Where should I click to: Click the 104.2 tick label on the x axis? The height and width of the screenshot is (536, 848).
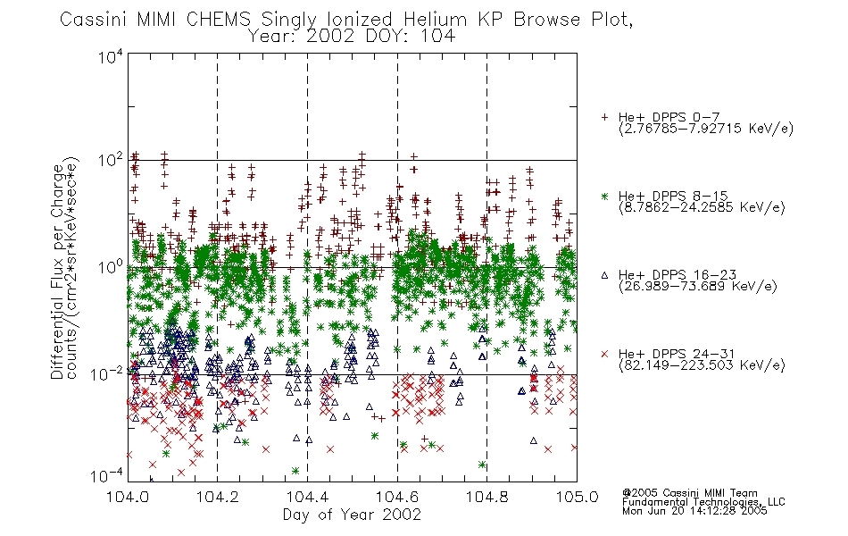click(218, 497)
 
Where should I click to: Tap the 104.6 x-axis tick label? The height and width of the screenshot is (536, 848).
click(397, 497)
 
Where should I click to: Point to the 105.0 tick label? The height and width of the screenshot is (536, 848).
click(577, 497)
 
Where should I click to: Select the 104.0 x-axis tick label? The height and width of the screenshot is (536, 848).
click(128, 497)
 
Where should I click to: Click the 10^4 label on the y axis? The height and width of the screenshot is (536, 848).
click(111, 56)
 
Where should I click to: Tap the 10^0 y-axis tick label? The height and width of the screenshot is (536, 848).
click(111, 266)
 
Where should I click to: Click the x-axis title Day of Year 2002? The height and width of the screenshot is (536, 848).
click(352, 515)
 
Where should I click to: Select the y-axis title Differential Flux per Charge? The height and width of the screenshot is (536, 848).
click(57, 272)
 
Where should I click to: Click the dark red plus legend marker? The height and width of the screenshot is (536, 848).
click(604, 117)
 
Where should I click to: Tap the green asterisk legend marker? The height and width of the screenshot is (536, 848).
click(604, 196)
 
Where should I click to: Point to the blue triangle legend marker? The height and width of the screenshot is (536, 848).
click(604, 275)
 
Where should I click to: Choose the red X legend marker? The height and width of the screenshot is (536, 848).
click(604, 354)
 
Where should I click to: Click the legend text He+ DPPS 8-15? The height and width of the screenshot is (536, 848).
click(673, 196)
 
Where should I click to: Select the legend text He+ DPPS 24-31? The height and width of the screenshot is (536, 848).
click(677, 354)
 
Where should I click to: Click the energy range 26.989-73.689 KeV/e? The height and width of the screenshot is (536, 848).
click(698, 286)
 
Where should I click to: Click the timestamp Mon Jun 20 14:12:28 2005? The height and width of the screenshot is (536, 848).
click(694, 511)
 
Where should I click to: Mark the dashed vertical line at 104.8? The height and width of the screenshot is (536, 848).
click(486, 267)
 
